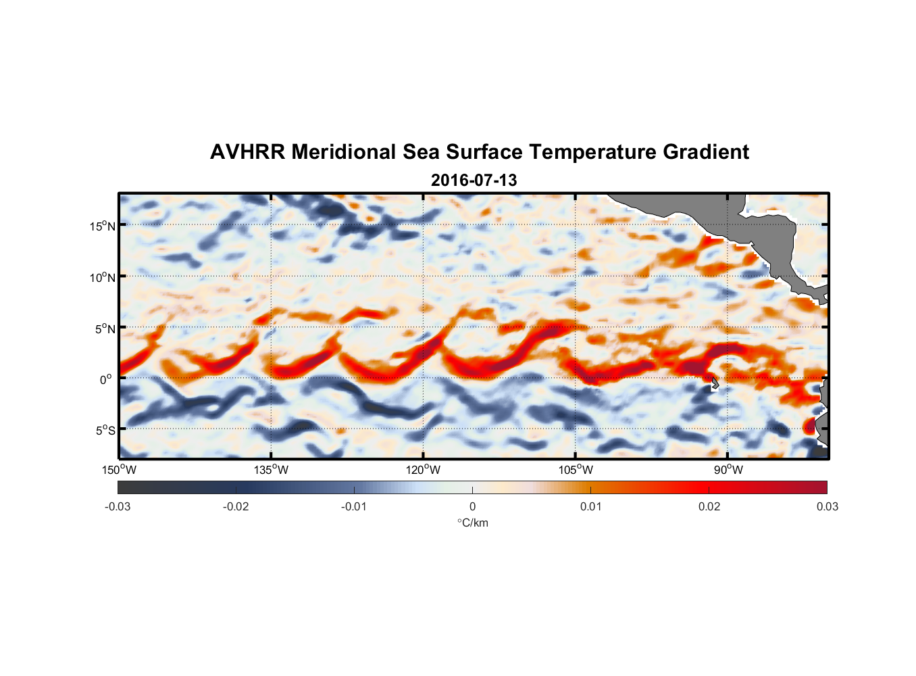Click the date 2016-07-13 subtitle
(474, 180)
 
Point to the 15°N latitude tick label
(102, 226)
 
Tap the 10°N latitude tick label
(102, 277)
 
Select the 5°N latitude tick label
(105, 329)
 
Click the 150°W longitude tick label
(119, 470)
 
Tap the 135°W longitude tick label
(271, 470)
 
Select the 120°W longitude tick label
(423, 470)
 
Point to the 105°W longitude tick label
(576, 470)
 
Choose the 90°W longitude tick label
(728, 470)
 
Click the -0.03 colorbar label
(118, 507)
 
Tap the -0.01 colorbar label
(354, 507)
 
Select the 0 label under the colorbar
(472, 507)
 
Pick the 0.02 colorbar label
(709, 507)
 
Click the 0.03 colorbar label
(827, 507)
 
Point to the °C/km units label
(473, 523)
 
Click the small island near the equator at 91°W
(714, 383)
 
